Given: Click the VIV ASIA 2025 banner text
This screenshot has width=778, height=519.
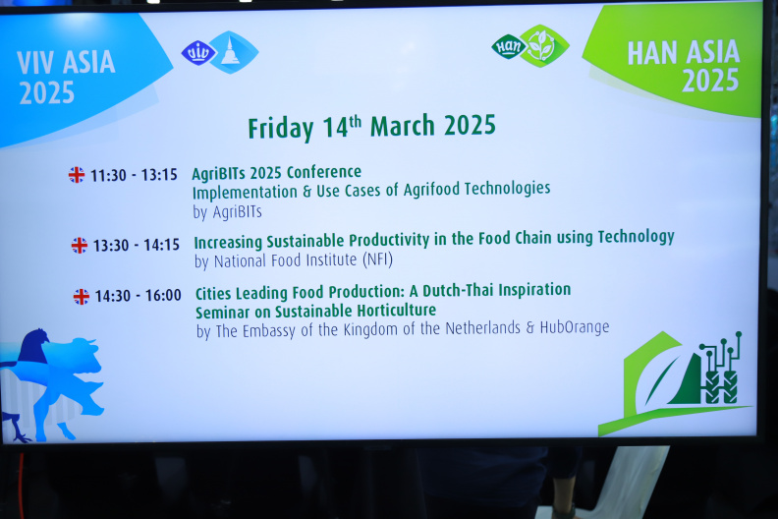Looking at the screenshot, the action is tap(67, 78).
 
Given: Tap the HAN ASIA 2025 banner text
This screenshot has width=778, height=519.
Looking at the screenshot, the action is tap(684, 66).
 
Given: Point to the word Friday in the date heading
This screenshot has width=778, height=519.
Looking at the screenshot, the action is tap(281, 128).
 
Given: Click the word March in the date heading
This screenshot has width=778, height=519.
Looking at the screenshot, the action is tap(403, 125).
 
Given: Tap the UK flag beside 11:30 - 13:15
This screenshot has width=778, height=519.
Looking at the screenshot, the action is tap(77, 175).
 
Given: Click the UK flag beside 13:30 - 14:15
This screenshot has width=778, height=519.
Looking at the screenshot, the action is tap(80, 246).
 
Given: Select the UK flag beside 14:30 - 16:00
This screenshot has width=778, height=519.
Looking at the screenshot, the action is tap(82, 297).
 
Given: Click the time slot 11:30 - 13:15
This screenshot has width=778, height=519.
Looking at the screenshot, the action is tap(134, 175).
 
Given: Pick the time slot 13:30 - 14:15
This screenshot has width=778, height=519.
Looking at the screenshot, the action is tap(137, 245).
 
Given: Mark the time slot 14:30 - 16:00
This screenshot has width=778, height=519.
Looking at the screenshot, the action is tap(138, 296).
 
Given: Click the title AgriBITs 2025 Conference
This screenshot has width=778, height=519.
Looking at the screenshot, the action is tap(277, 173).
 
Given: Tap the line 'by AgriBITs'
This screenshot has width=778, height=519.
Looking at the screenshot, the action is tap(227, 212).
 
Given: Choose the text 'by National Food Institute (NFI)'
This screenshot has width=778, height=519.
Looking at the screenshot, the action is tap(294, 260).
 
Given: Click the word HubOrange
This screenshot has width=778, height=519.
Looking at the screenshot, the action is tap(575, 327).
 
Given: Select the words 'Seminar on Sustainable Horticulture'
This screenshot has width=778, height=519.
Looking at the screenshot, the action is tap(315, 312).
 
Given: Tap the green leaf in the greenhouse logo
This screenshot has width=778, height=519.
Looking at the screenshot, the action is tap(660, 380).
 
